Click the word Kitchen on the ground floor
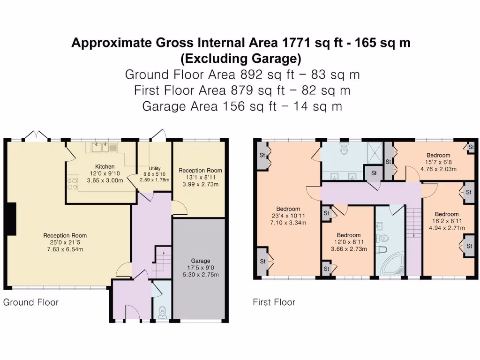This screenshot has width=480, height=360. click(x=105, y=166)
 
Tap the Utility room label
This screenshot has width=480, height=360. click(x=155, y=168)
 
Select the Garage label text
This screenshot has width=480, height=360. click(x=201, y=261)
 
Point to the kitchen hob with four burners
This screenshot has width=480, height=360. click(x=73, y=182)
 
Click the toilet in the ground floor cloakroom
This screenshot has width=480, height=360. click(x=163, y=312)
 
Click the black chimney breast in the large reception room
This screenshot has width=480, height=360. click(x=12, y=219)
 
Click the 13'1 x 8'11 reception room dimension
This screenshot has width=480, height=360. click(x=200, y=177)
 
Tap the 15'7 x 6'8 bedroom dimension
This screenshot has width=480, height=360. click(x=438, y=162)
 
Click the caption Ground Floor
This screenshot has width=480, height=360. click(x=31, y=302)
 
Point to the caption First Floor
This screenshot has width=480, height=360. click(x=274, y=302)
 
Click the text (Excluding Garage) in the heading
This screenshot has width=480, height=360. click(x=240, y=59)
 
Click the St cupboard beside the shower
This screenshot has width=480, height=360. click(x=374, y=173)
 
